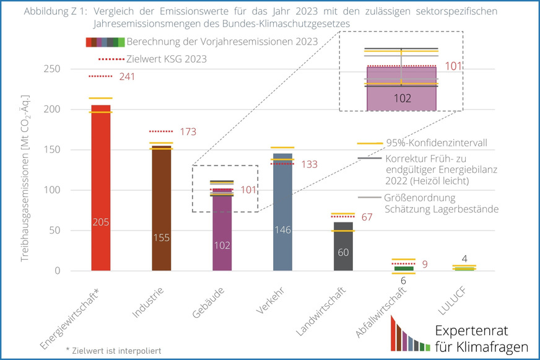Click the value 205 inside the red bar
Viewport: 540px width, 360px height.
click(x=100, y=222)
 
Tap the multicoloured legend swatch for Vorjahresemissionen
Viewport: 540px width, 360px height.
click(x=105, y=42)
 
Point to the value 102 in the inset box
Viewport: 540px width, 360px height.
click(x=403, y=98)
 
